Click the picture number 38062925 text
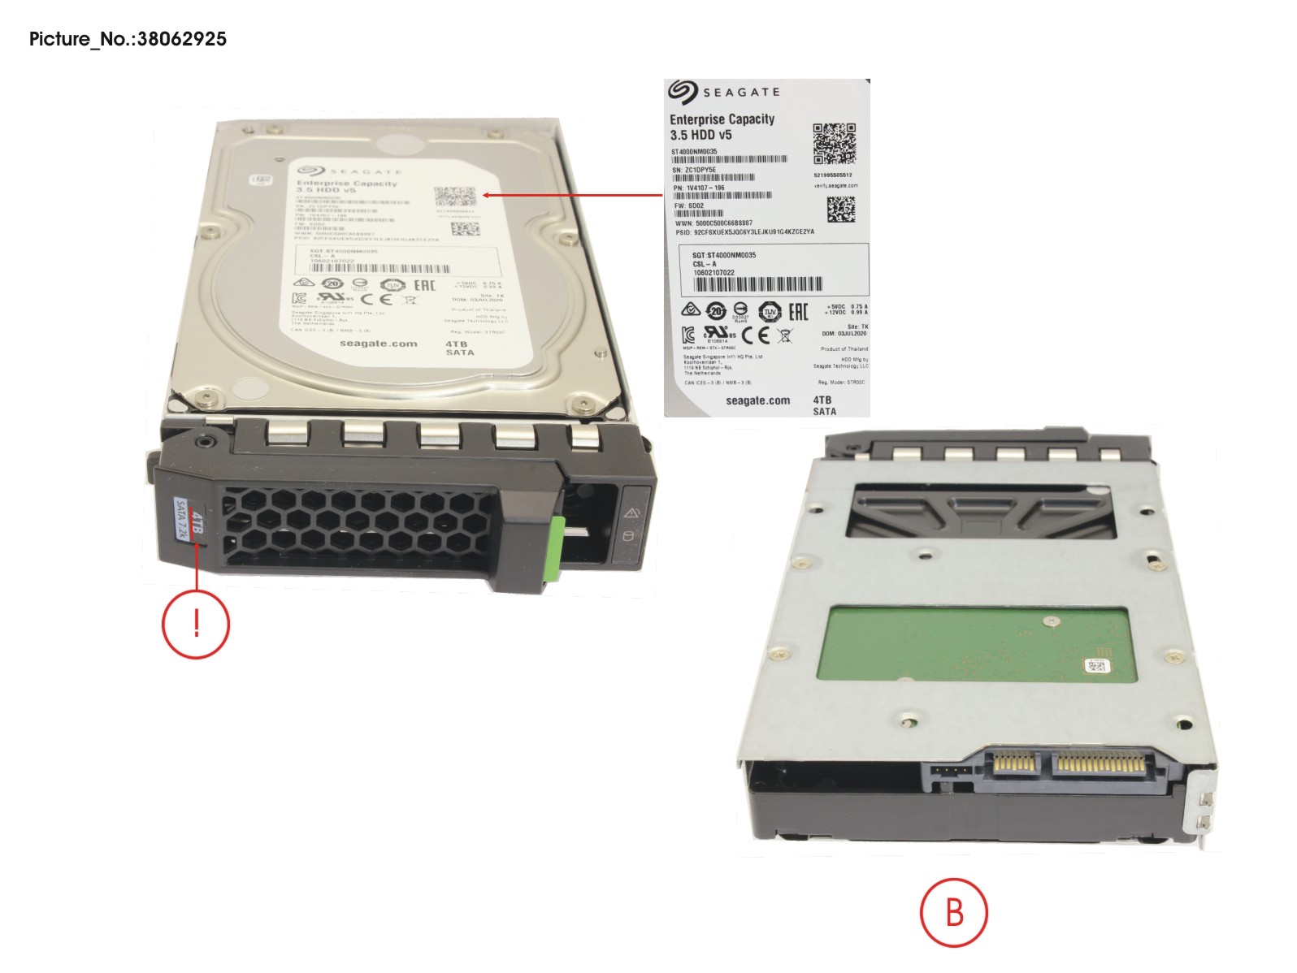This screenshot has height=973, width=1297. click(128, 38)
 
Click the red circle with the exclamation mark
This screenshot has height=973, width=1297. click(196, 624)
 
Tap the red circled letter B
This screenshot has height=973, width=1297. click(953, 912)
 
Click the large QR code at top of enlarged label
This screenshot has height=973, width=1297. click(834, 143)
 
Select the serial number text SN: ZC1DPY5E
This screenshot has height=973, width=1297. click(694, 170)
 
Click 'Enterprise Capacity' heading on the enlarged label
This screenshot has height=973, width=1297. click(722, 119)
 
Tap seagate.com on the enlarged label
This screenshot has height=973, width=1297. click(757, 400)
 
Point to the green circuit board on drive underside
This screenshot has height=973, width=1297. click(975, 650)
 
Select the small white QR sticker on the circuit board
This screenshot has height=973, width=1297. click(1095, 667)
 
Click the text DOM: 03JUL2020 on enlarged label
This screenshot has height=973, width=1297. click(844, 334)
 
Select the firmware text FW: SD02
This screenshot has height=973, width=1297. click(689, 205)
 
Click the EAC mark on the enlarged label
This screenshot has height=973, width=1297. click(798, 311)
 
